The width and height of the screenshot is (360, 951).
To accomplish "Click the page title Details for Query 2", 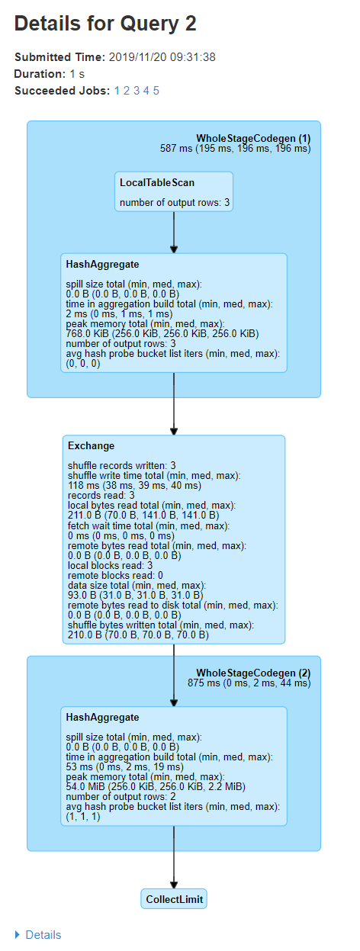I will point(105,24).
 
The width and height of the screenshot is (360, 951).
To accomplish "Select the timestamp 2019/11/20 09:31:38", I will point(163,57).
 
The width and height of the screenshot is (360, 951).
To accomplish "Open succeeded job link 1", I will point(117,91).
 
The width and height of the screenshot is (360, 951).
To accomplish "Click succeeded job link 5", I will point(156,91).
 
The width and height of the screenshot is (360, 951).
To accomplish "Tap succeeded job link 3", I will point(137,91).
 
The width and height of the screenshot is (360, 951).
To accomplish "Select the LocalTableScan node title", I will point(156,182).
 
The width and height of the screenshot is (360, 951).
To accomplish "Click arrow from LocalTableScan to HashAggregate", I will point(174,233).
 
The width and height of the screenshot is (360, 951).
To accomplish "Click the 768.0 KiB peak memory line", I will point(162,333).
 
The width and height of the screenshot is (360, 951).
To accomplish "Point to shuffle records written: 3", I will point(122,465).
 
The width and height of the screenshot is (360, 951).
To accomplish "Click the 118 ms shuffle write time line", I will point(134,485).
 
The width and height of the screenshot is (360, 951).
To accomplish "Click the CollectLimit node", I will point(174,899).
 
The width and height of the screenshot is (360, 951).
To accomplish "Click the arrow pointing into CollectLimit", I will point(174,877).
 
